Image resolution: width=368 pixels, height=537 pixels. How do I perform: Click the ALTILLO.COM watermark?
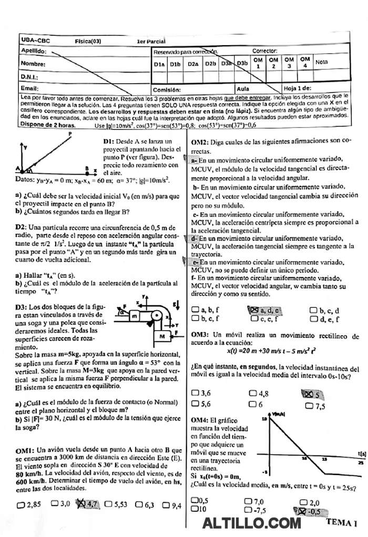pyautogui.click(x=251, y=523)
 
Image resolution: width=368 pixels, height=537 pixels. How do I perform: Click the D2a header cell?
pyautogui.click(x=193, y=64)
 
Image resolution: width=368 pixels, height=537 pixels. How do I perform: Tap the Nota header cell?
pyautogui.click(x=322, y=62)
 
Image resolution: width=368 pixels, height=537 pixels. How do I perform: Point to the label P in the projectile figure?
pyautogui.click(x=70, y=135)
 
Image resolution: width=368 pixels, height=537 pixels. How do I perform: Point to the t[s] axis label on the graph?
pyautogui.click(x=362, y=452)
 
